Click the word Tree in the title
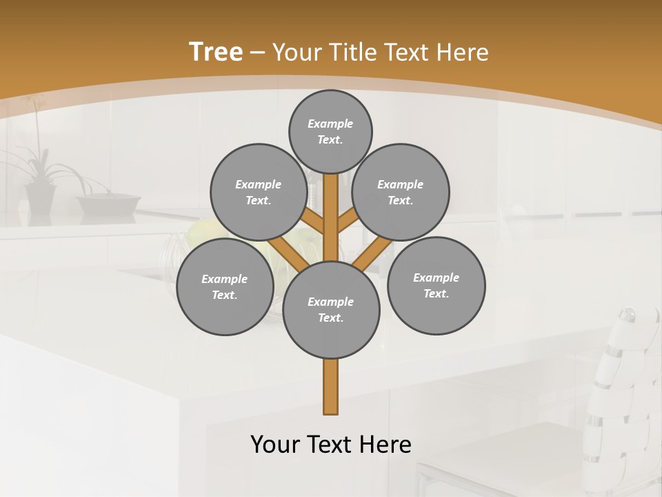216,52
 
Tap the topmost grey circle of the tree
330,131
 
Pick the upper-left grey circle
259,192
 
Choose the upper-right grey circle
401,192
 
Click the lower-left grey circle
225,286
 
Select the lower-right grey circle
437,285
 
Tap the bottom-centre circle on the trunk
331,309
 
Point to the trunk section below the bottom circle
331,387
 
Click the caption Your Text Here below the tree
331,444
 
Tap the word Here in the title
463,52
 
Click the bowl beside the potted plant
108,203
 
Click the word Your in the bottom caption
275,444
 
